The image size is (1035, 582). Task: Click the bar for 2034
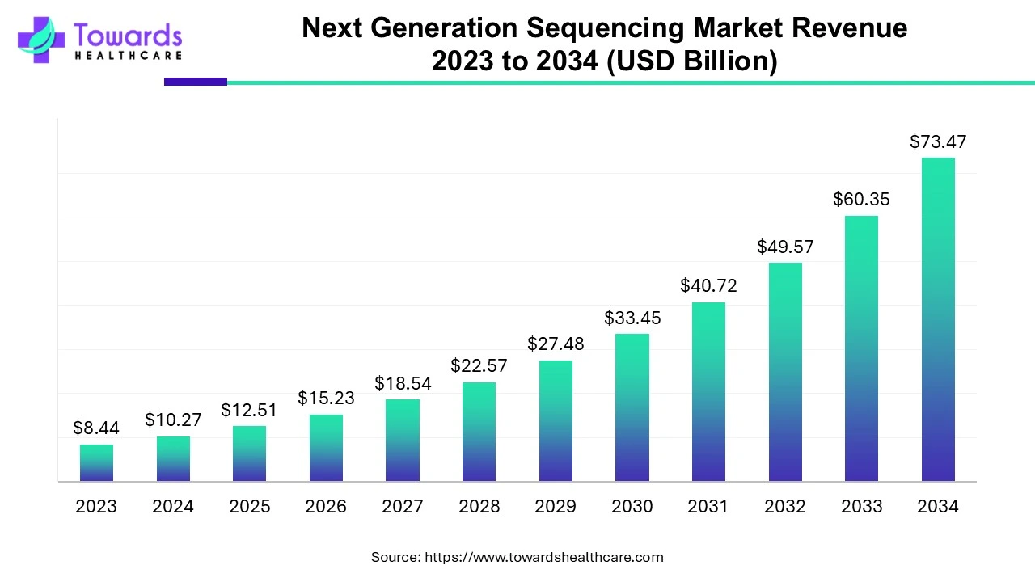[x=938, y=319]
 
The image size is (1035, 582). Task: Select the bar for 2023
[x=96, y=463]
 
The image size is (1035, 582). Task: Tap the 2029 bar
[x=556, y=420]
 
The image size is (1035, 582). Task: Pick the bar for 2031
[x=708, y=392]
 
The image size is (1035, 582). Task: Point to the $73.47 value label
[x=938, y=142]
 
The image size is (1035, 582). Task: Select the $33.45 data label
[x=632, y=318]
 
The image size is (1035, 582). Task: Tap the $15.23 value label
[x=326, y=398]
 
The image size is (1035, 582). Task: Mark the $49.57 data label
[x=785, y=247]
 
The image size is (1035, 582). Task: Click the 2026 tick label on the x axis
[x=326, y=507]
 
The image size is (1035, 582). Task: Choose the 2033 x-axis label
[x=862, y=507]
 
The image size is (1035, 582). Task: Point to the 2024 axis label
[x=173, y=507]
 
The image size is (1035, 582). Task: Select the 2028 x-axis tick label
[x=479, y=507]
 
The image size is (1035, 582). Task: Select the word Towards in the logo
[x=128, y=35]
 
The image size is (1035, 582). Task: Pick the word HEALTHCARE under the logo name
[x=128, y=55]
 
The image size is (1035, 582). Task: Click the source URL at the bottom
[x=543, y=557]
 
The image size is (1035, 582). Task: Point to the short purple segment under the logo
[x=196, y=82]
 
